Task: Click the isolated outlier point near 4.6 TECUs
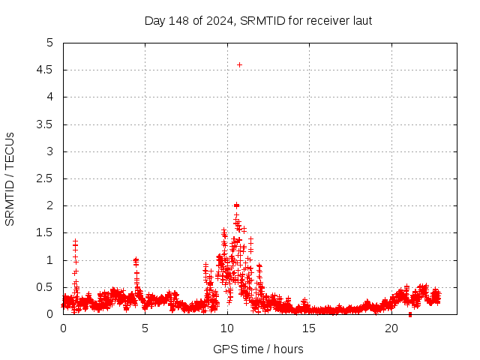click(239, 64)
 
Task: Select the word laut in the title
click(361, 20)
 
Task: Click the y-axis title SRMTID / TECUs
click(10, 178)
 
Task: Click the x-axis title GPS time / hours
click(258, 349)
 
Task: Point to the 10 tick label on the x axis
click(226, 328)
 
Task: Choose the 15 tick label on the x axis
click(309, 328)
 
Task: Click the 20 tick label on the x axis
click(391, 328)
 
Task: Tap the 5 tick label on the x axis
click(145, 328)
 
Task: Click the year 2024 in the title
click(222, 20)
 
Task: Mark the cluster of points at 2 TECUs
click(236, 205)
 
